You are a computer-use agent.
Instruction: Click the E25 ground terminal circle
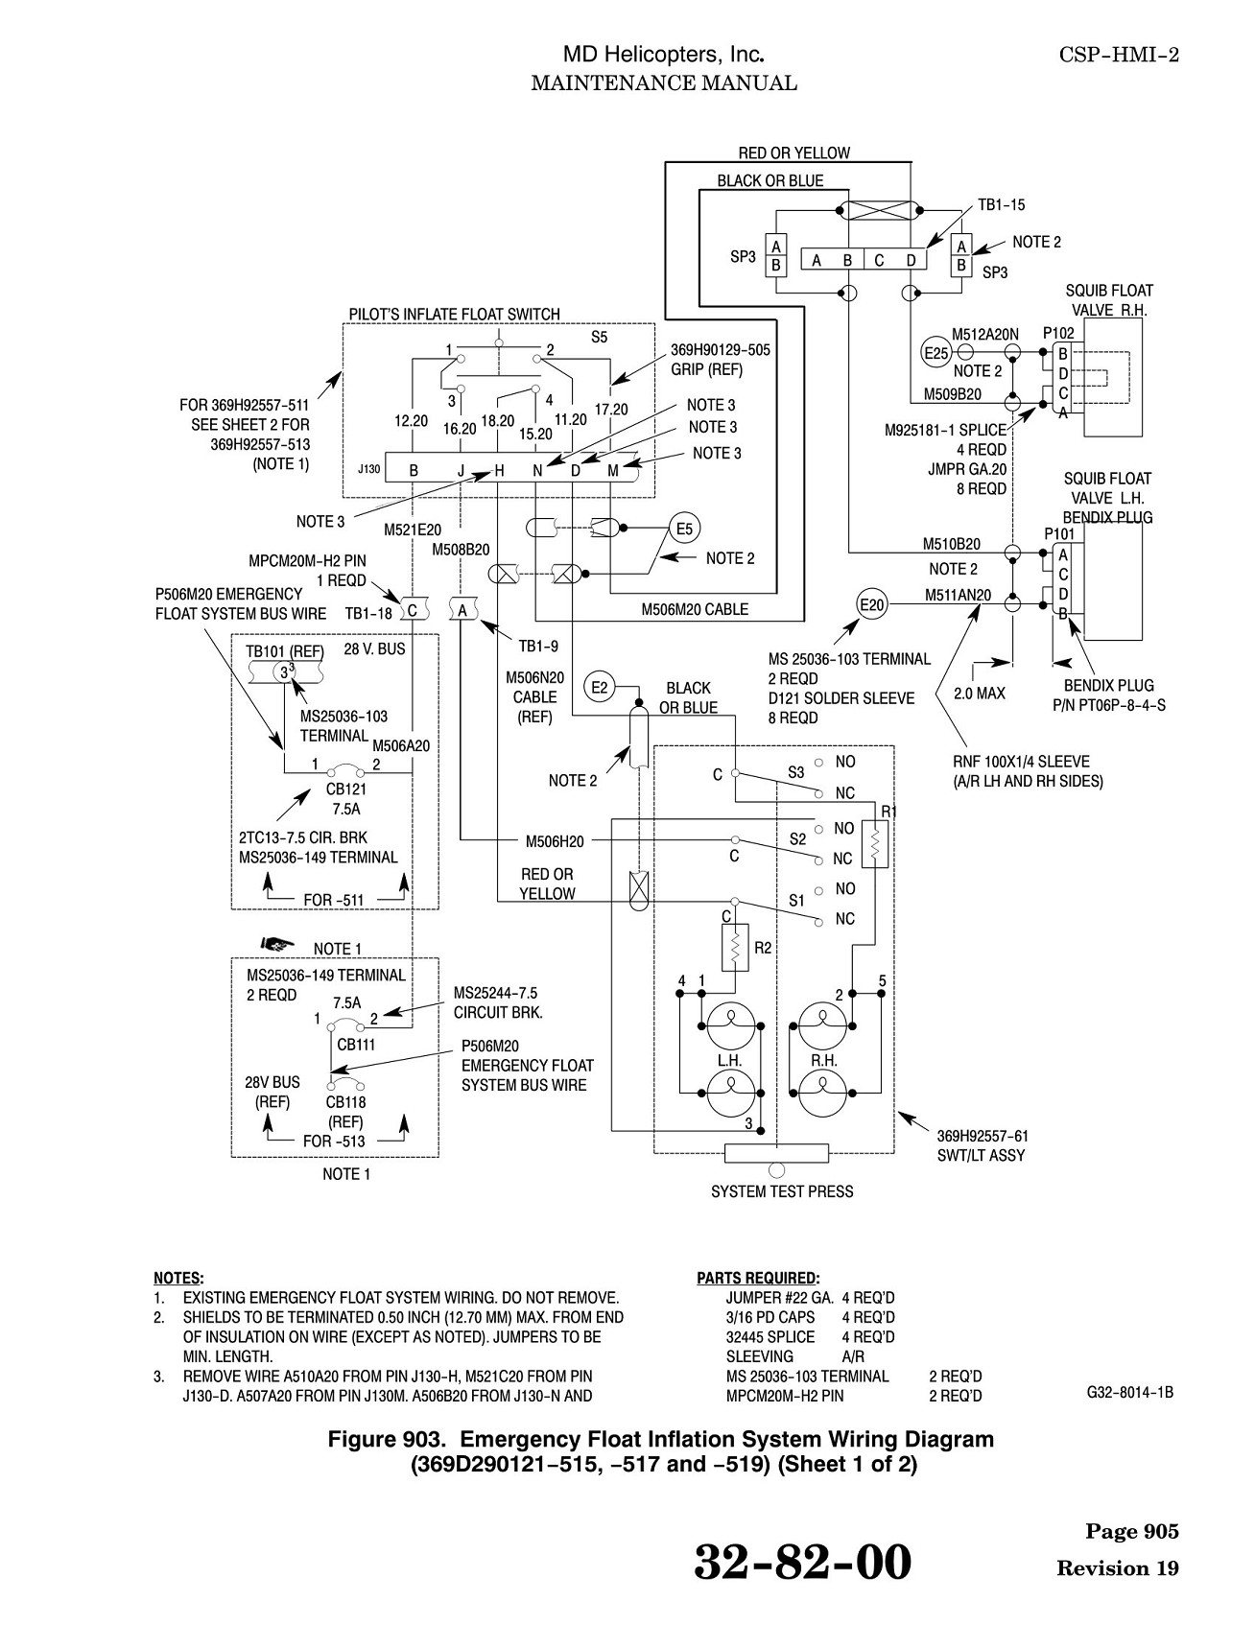point(936,352)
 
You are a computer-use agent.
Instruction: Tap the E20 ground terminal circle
point(872,604)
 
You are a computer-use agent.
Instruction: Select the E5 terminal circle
point(684,529)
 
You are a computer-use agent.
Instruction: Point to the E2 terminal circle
point(600,687)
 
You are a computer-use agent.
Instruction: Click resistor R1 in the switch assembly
point(874,843)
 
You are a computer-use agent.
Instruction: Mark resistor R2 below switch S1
point(735,948)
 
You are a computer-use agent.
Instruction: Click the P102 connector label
point(1058,332)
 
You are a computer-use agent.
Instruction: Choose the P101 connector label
point(1059,533)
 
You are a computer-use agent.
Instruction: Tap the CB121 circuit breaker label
point(346,789)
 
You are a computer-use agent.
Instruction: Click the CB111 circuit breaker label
point(356,1045)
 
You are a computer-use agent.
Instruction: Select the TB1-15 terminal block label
point(1001,204)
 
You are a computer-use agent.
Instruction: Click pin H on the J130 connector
point(499,470)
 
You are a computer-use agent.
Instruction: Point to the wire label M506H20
point(555,841)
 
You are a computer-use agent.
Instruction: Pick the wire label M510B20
point(952,544)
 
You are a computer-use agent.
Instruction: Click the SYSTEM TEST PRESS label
point(782,1191)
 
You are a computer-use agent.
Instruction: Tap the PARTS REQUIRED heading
point(758,1278)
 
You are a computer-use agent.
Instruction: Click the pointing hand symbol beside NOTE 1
point(276,945)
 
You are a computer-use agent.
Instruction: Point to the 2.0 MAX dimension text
point(979,693)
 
